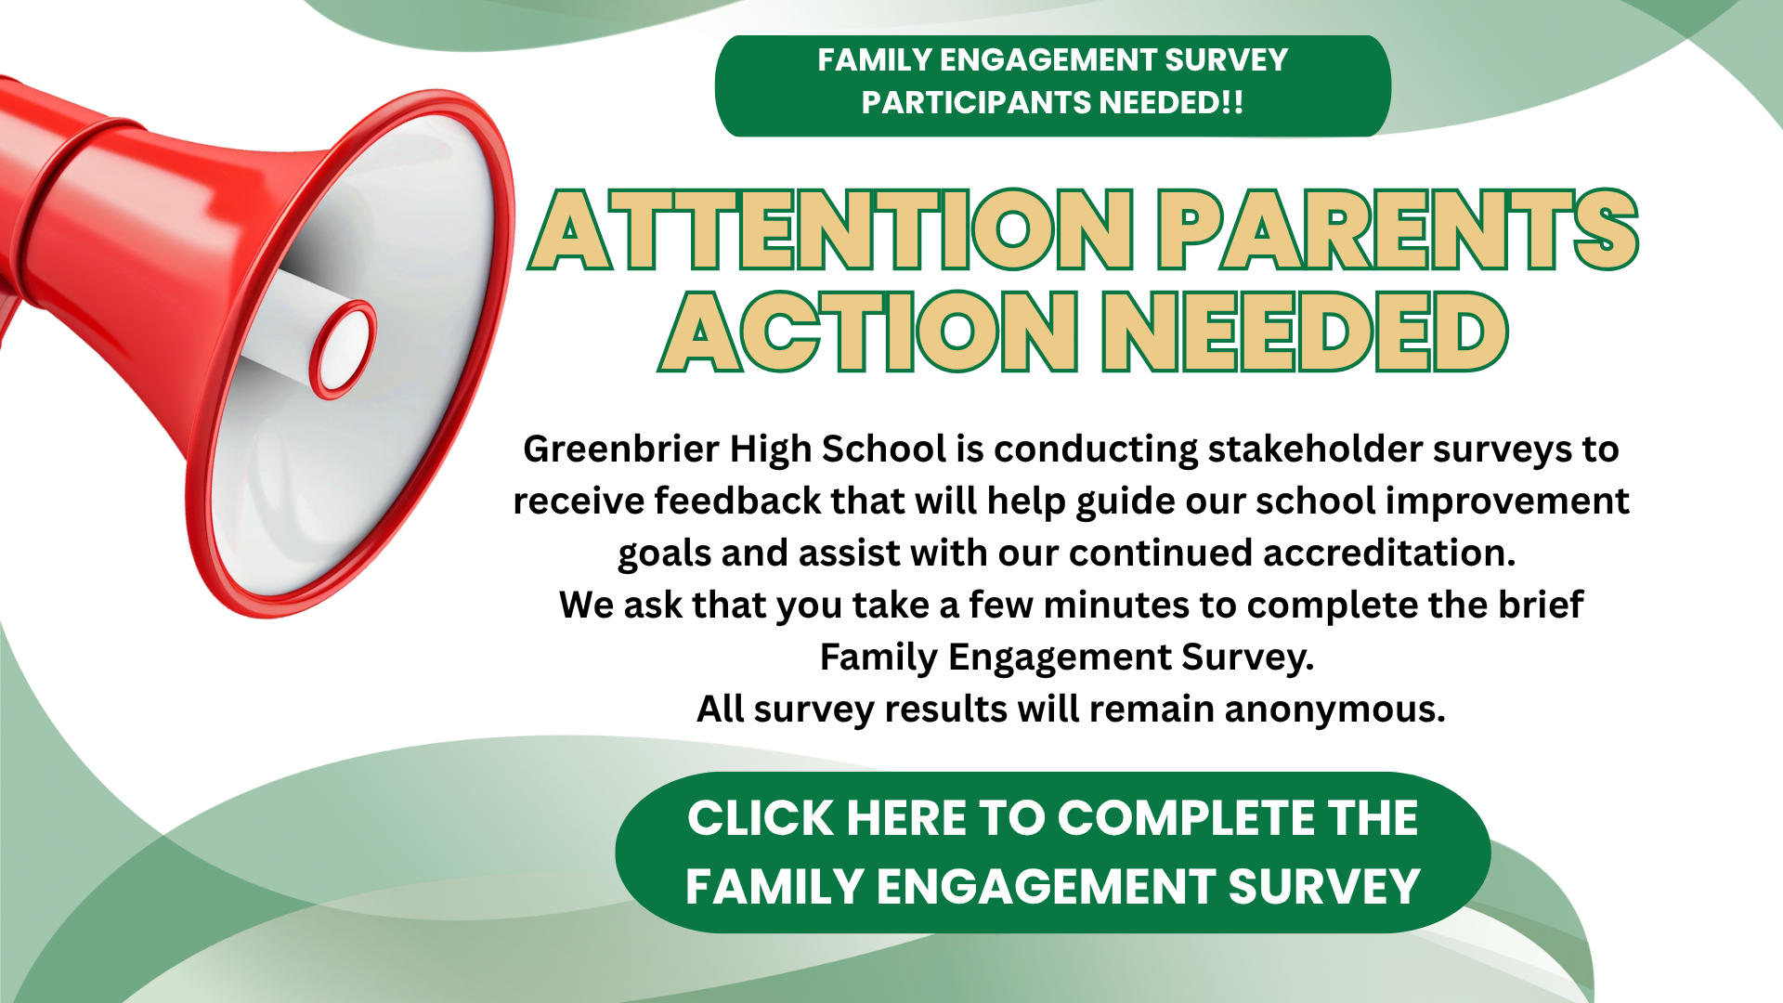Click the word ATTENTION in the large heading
(831, 229)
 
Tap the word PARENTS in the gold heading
(1398, 229)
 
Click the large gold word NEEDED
(1305, 332)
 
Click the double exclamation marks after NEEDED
(1232, 102)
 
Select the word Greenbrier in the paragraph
(621, 449)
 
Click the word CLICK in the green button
(761, 818)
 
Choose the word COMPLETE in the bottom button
(1185, 818)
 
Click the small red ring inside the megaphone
(343, 350)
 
